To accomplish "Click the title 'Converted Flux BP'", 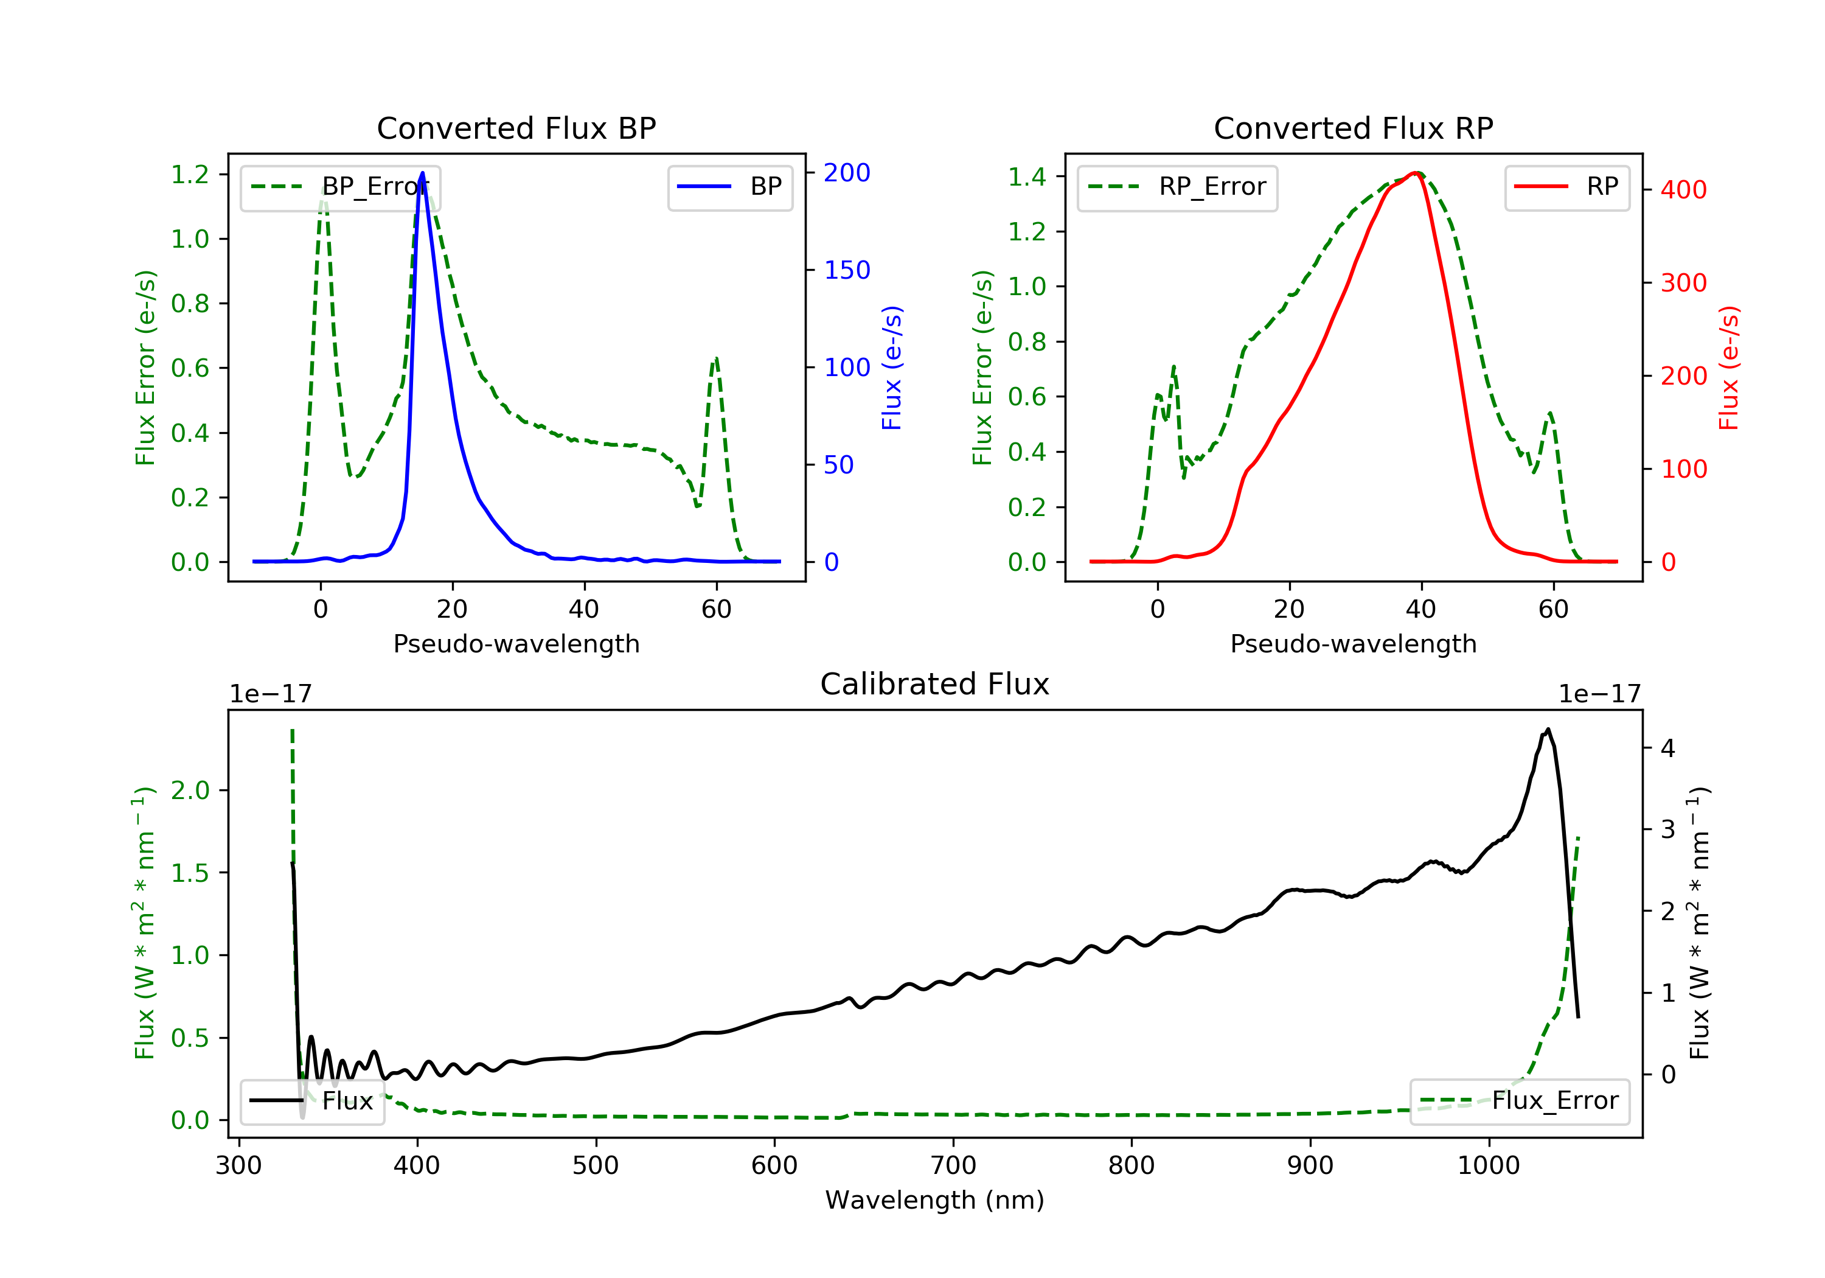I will [x=516, y=128].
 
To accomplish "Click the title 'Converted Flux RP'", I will [x=1353, y=128].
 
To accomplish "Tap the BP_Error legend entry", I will [x=340, y=187].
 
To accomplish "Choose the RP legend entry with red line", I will [x=1566, y=187].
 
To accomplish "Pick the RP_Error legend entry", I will [x=1177, y=187].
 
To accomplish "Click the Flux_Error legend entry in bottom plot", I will [x=1519, y=1101].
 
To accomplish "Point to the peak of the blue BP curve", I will [x=422, y=173].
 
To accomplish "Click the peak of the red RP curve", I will [x=1416, y=173].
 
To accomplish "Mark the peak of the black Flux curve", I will [x=1548, y=729].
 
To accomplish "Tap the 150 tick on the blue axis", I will [x=847, y=270].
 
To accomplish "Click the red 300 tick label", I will [x=1683, y=283].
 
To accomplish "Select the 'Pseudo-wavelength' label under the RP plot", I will [x=1353, y=643].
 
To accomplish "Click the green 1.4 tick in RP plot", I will [x=1027, y=176].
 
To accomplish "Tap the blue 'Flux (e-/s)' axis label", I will [x=892, y=368].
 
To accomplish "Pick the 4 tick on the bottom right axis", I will [x=1667, y=749].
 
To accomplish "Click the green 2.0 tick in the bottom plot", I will [x=190, y=791].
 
